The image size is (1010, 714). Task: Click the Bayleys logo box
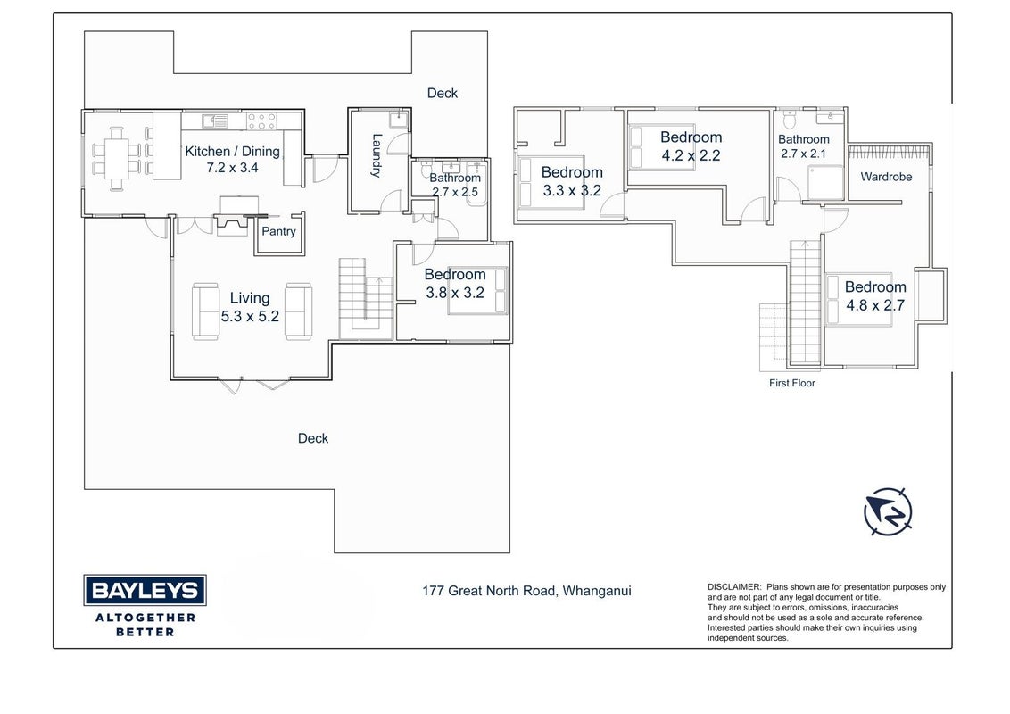click(145, 590)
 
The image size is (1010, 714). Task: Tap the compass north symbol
click(889, 511)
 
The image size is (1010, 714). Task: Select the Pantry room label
click(278, 231)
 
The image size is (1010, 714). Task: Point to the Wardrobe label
click(886, 177)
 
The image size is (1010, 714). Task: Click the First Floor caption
click(792, 383)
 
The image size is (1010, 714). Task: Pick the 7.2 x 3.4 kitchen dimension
click(232, 168)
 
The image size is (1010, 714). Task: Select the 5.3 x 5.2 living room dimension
click(250, 317)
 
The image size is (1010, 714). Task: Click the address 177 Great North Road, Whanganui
click(527, 591)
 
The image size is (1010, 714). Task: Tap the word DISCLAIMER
click(734, 587)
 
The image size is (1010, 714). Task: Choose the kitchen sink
click(214, 120)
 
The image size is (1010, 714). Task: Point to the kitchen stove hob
click(262, 121)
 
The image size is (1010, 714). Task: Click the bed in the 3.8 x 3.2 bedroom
click(478, 291)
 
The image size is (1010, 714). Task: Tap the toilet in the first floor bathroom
click(789, 120)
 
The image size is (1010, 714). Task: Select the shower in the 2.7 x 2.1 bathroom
click(825, 182)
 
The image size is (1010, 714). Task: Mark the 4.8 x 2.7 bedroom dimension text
click(875, 305)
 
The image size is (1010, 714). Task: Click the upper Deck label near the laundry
click(443, 94)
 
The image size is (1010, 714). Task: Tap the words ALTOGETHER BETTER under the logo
click(145, 625)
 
